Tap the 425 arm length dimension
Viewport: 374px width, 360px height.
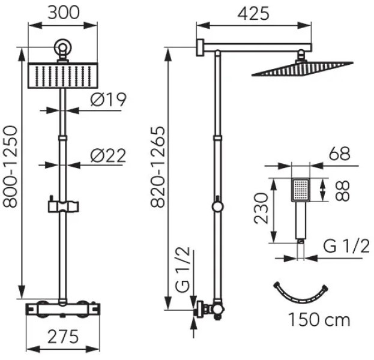253,13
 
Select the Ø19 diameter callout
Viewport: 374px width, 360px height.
108,100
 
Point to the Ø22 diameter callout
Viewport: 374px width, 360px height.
108,155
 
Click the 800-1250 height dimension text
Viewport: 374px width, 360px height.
10,167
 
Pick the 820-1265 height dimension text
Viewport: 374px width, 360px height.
158,167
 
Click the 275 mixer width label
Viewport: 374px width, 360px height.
63,337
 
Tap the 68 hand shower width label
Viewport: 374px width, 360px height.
340,154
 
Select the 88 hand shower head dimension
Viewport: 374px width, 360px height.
342,191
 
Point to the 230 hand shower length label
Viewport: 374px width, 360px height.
261,209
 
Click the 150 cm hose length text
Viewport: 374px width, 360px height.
319,319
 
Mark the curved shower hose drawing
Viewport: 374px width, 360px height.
301,299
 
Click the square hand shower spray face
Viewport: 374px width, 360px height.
301,190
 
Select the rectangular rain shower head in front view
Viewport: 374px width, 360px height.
63,76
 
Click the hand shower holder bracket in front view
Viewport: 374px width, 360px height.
63,206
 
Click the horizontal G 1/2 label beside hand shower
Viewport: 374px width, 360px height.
346,246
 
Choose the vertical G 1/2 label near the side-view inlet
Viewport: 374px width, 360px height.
183,269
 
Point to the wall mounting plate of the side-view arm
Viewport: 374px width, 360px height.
200,47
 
